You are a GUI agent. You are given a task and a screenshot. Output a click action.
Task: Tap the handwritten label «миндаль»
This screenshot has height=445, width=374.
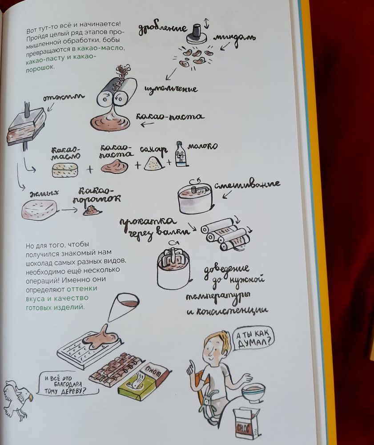pos(235,39)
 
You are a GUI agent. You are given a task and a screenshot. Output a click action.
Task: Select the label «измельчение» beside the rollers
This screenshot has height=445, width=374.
pos(171,89)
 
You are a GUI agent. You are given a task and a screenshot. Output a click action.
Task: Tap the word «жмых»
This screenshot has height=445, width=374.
pos(44,194)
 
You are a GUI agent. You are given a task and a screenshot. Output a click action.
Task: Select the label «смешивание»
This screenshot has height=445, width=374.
pos(247,185)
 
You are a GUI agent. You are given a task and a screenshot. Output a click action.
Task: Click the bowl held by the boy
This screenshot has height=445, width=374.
pos(253,393)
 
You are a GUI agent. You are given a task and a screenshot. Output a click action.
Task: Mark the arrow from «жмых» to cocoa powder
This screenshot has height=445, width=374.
pos(69,210)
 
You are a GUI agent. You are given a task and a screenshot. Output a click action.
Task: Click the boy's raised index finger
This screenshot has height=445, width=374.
pos(192,365)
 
